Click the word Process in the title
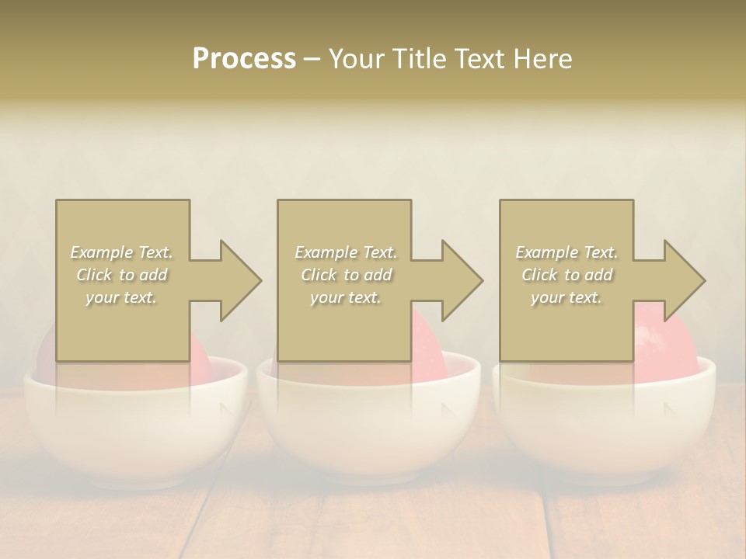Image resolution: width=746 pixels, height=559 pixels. (244, 59)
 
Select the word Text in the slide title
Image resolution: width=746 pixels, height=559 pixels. (478, 59)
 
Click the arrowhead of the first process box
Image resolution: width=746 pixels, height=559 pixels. (238, 280)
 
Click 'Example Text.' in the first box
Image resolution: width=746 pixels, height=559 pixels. (121, 252)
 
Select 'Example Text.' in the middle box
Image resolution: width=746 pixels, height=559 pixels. (345, 252)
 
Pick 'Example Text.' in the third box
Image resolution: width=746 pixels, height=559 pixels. (566, 252)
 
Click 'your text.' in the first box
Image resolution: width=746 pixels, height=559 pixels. (121, 297)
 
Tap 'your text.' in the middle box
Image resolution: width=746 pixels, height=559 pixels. (345, 297)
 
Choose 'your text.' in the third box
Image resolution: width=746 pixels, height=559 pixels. (566, 297)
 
